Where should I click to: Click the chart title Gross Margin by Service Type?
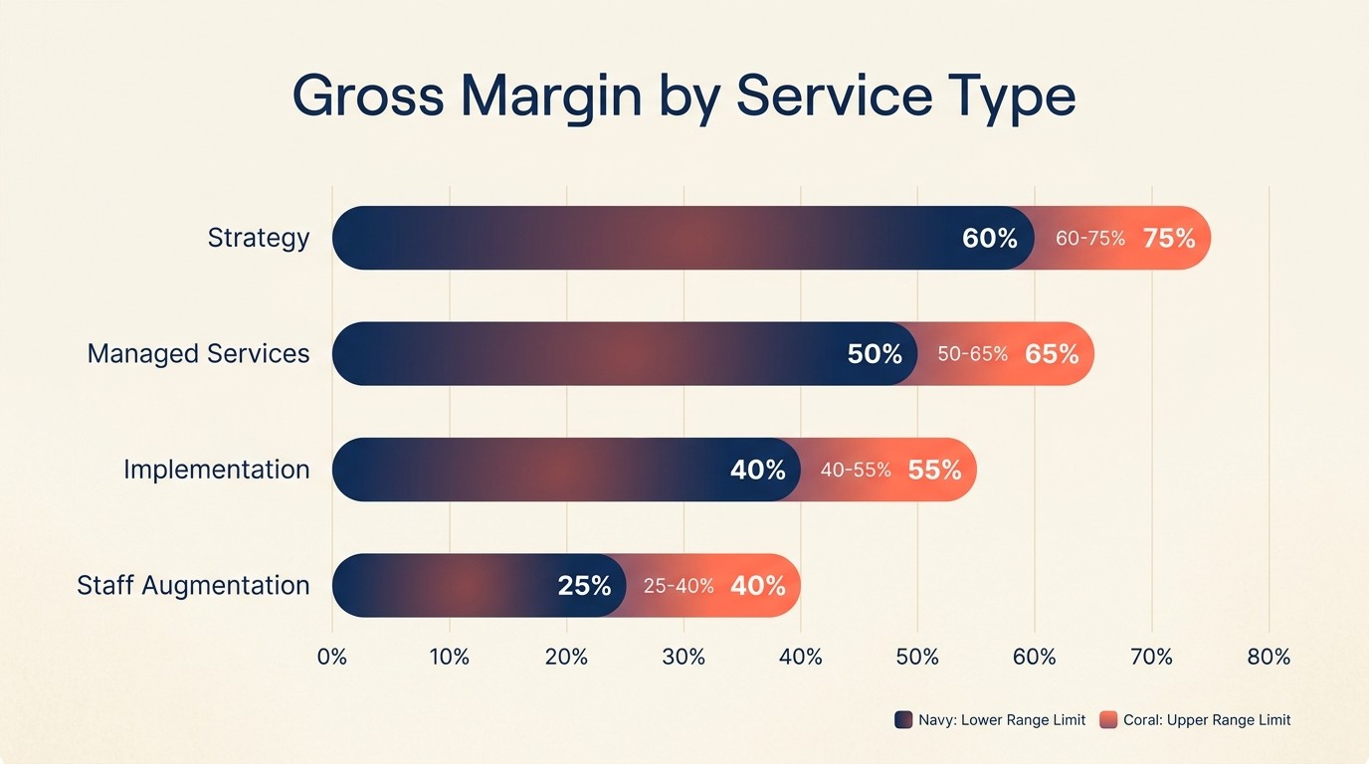coord(684,97)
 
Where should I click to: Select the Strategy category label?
coord(259,238)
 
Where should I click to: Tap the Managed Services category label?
coord(198,353)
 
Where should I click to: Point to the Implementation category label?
coord(216,470)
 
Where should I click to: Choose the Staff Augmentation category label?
coord(193,585)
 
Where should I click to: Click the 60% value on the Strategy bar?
coord(989,239)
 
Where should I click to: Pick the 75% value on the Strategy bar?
coord(1169,239)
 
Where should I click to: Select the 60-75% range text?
coord(1090,239)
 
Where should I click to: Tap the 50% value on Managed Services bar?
coord(875,354)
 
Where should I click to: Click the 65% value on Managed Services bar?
coord(1052,354)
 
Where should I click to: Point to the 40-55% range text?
coord(856,470)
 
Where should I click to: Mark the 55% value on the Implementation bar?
coord(934,470)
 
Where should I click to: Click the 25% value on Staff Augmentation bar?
coord(584,586)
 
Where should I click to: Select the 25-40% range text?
coord(679,586)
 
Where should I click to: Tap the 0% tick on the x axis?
coord(331,657)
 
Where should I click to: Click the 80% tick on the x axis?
coord(1269,657)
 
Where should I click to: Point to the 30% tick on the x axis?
coord(684,657)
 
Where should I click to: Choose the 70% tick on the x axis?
coord(1151,657)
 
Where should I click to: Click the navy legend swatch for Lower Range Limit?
coord(903,720)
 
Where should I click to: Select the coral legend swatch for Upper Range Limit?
coord(1108,720)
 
